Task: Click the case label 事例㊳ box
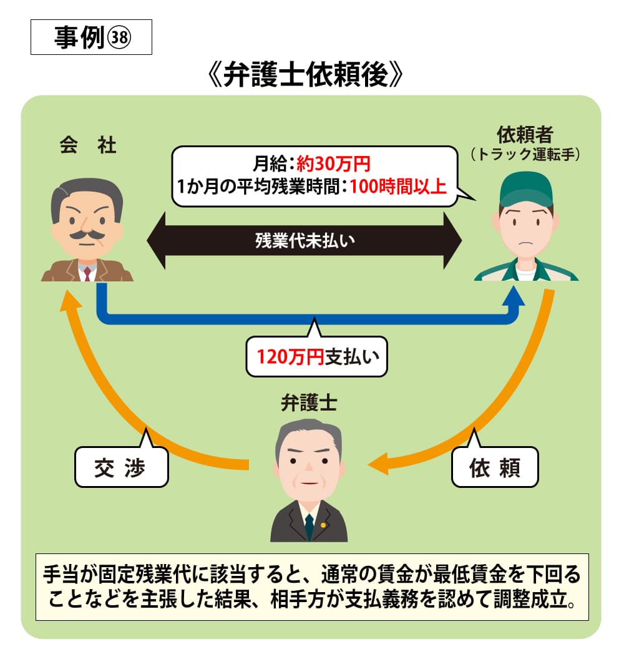pyautogui.click(x=91, y=39)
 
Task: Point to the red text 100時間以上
pyautogui.click(x=398, y=186)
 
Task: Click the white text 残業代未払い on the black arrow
pyautogui.click(x=304, y=241)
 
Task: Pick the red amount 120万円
pyautogui.click(x=290, y=358)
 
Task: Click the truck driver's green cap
pyautogui.click(x=526, y=187)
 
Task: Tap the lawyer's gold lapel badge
pyautogui.click(x=323, y=525)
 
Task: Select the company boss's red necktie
pyautogui.click(x=87, y=273)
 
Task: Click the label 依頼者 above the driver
pyautogui.click(x=525, y=134)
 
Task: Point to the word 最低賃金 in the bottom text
pyautogui.click(x=478, y=572)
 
